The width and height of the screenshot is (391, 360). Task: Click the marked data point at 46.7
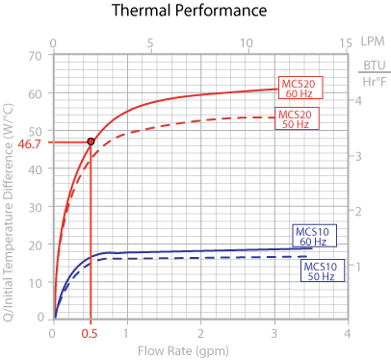pos(91,141)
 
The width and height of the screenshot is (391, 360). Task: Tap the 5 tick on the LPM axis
pos(151,43)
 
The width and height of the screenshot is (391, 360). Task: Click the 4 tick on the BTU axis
pos(356,100)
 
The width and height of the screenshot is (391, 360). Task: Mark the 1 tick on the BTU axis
pos(356,265)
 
